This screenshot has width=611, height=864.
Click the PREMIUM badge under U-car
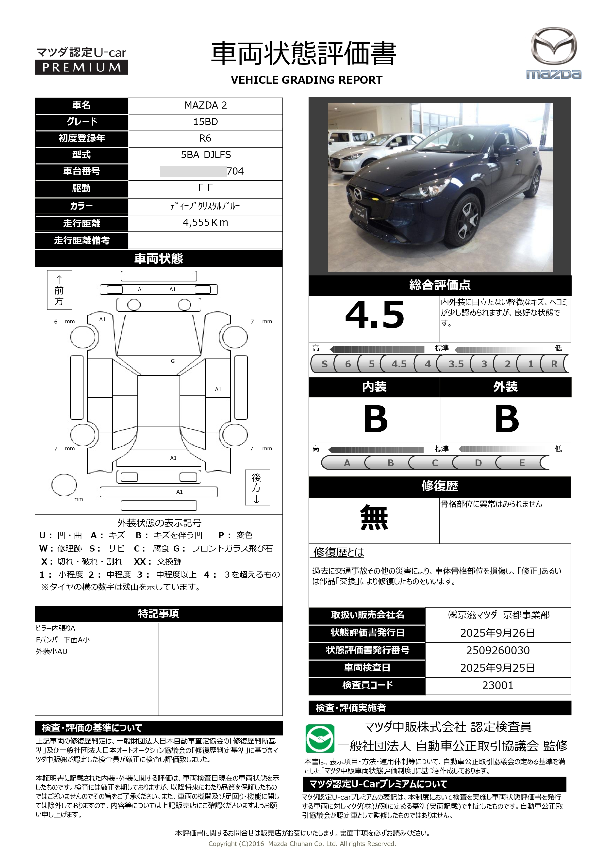click(81, 67)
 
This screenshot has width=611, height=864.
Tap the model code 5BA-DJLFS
click(206, 155)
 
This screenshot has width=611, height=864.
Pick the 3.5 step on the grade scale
click(456, 364)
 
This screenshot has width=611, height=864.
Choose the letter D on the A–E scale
click(478, 463)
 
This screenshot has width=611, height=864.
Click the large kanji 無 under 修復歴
click(374, 518)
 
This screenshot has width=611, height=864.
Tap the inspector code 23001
click(497, 685)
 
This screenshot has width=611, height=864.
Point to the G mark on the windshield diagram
click(173, 361)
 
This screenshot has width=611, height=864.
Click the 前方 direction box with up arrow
click(59, 290)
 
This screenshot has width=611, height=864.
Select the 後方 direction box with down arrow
click(257, 487)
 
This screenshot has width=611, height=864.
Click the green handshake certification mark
click(320, 738)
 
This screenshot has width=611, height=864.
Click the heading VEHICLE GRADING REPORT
click(306, 80)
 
